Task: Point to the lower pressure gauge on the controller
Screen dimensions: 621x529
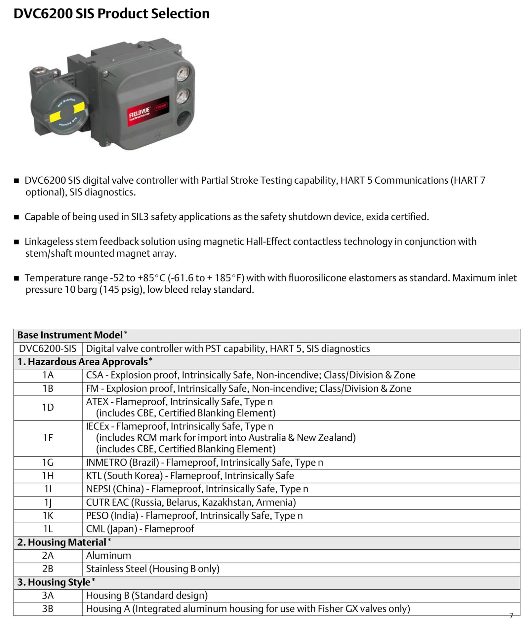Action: tap(182, 96)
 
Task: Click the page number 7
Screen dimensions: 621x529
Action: tap(511, 615)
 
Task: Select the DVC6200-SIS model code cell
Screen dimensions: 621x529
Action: tap(48, 348)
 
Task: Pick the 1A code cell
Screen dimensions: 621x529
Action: tap(48, 375)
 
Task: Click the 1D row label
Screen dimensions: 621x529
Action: tap(48, 407)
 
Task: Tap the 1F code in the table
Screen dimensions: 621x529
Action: tap(48, 438)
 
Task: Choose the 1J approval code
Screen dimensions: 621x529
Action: tap(48, 502)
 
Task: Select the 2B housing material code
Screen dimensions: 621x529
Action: tap(48, 568)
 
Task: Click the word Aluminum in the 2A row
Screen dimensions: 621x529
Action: tap(108, 555)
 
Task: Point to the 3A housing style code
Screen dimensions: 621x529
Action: tap(48, 595)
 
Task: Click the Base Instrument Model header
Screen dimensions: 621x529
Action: tap(70, 335)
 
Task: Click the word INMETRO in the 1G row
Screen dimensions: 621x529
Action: tap(106, 462)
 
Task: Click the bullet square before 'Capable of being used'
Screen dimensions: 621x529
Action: tap(17, 217)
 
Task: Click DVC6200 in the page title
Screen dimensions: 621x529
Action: tap(43, 14)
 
